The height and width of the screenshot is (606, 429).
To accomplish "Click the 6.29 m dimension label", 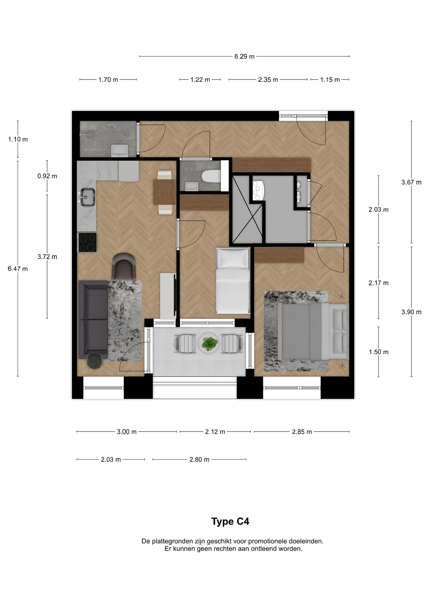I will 244,56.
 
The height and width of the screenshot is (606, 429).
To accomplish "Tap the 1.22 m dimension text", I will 200,80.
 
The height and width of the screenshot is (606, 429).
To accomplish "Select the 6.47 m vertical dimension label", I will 18,269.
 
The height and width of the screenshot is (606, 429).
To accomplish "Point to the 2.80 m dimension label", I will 199,460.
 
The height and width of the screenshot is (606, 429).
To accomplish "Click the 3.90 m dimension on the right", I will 411,312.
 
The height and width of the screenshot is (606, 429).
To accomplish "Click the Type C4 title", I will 230,521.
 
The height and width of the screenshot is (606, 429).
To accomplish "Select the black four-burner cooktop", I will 88,242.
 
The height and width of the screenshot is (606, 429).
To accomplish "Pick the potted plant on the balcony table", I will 209,343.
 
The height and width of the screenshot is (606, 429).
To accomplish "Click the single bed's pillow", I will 233,259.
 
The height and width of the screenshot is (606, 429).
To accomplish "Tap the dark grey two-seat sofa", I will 93,319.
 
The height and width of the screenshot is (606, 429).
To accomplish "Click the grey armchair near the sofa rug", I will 124,266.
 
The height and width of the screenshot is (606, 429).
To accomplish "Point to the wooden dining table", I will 164,192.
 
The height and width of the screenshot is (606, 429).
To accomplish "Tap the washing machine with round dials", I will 257,190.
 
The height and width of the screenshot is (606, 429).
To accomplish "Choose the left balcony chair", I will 186,343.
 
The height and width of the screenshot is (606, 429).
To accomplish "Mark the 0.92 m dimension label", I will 47,176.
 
